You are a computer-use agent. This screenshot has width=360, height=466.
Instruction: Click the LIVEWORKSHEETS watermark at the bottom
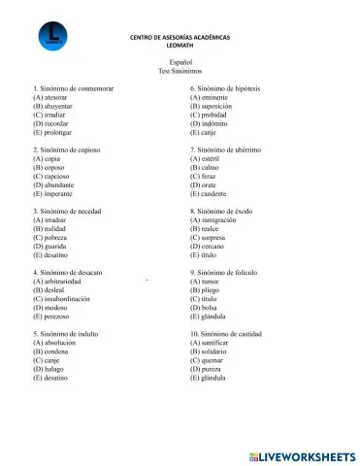click(302, 455)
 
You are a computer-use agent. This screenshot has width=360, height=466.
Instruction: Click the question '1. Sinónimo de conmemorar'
click(74, 88)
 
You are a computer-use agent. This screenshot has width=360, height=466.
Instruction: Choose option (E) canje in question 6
click(209, 133)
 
